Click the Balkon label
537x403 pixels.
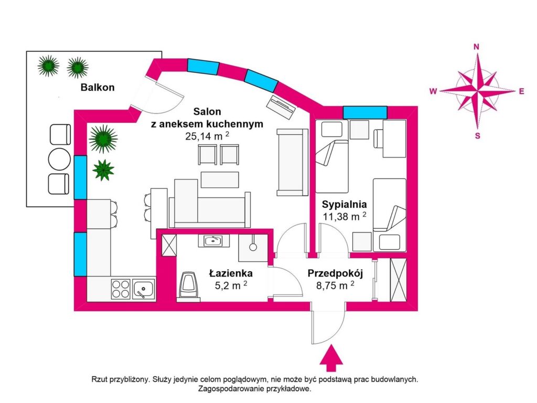98,88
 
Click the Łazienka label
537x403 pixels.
231,273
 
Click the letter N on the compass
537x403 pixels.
477,46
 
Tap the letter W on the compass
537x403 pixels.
433,91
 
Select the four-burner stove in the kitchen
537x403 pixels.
121,289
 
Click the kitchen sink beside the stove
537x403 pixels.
143,289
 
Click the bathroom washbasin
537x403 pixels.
213,241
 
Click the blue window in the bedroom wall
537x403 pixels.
365,112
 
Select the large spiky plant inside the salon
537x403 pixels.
103,139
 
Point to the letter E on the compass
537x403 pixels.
521,91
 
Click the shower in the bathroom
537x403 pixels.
253,247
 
